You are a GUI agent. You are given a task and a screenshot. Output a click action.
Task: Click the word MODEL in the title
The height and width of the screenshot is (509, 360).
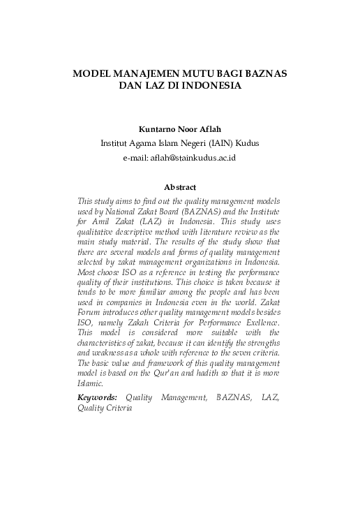coord(93,73)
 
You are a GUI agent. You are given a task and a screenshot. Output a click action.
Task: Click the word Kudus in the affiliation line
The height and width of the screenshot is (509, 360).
coord(248,144)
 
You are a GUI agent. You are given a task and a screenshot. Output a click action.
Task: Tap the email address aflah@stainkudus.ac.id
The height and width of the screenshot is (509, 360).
coord(196,158)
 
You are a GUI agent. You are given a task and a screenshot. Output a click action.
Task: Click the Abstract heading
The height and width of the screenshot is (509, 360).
coord(179,186)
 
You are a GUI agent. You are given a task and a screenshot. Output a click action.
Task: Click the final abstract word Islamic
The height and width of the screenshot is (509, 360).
coord(91,383)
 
